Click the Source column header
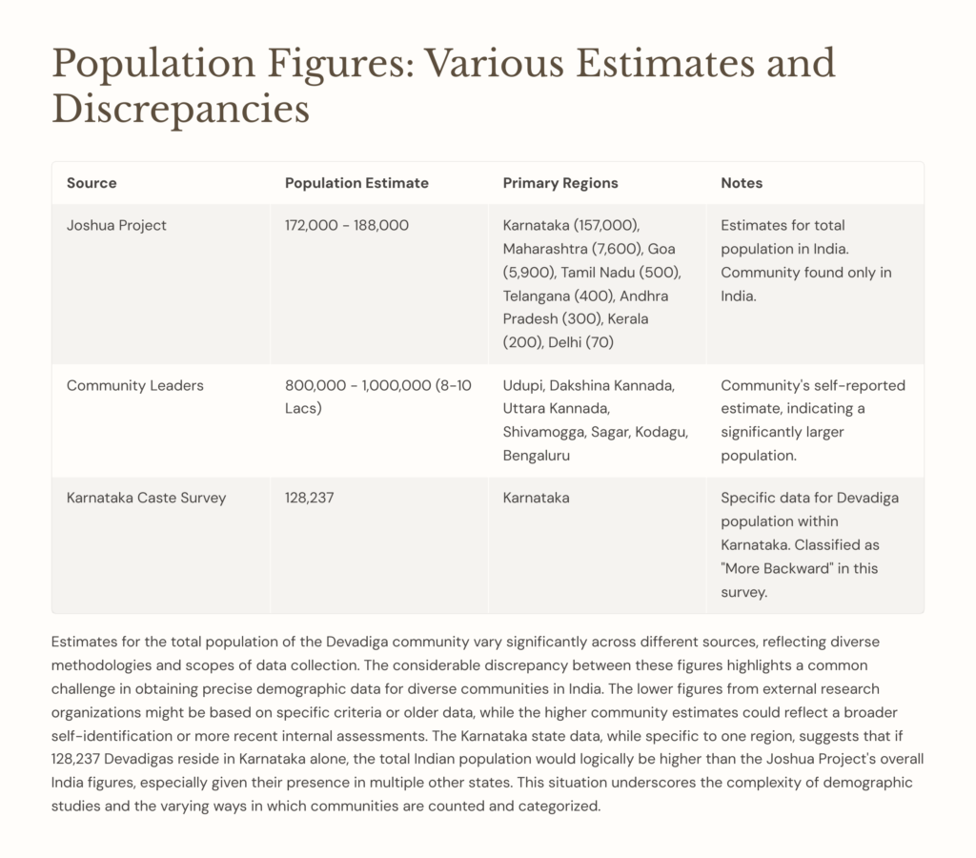(91, 183)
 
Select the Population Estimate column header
(356, 183)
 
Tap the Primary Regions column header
(560, 183)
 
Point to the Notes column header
(742, 183)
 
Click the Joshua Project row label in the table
(116, 226)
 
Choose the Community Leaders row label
(134, 386)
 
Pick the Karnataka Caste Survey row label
(146, 498)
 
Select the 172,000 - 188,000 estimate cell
(347, 226)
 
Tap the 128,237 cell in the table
(310, 498)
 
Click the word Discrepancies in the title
(181, 109)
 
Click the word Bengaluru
(537, 456)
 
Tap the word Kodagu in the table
(661, 433)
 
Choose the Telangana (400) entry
(548, 296)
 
